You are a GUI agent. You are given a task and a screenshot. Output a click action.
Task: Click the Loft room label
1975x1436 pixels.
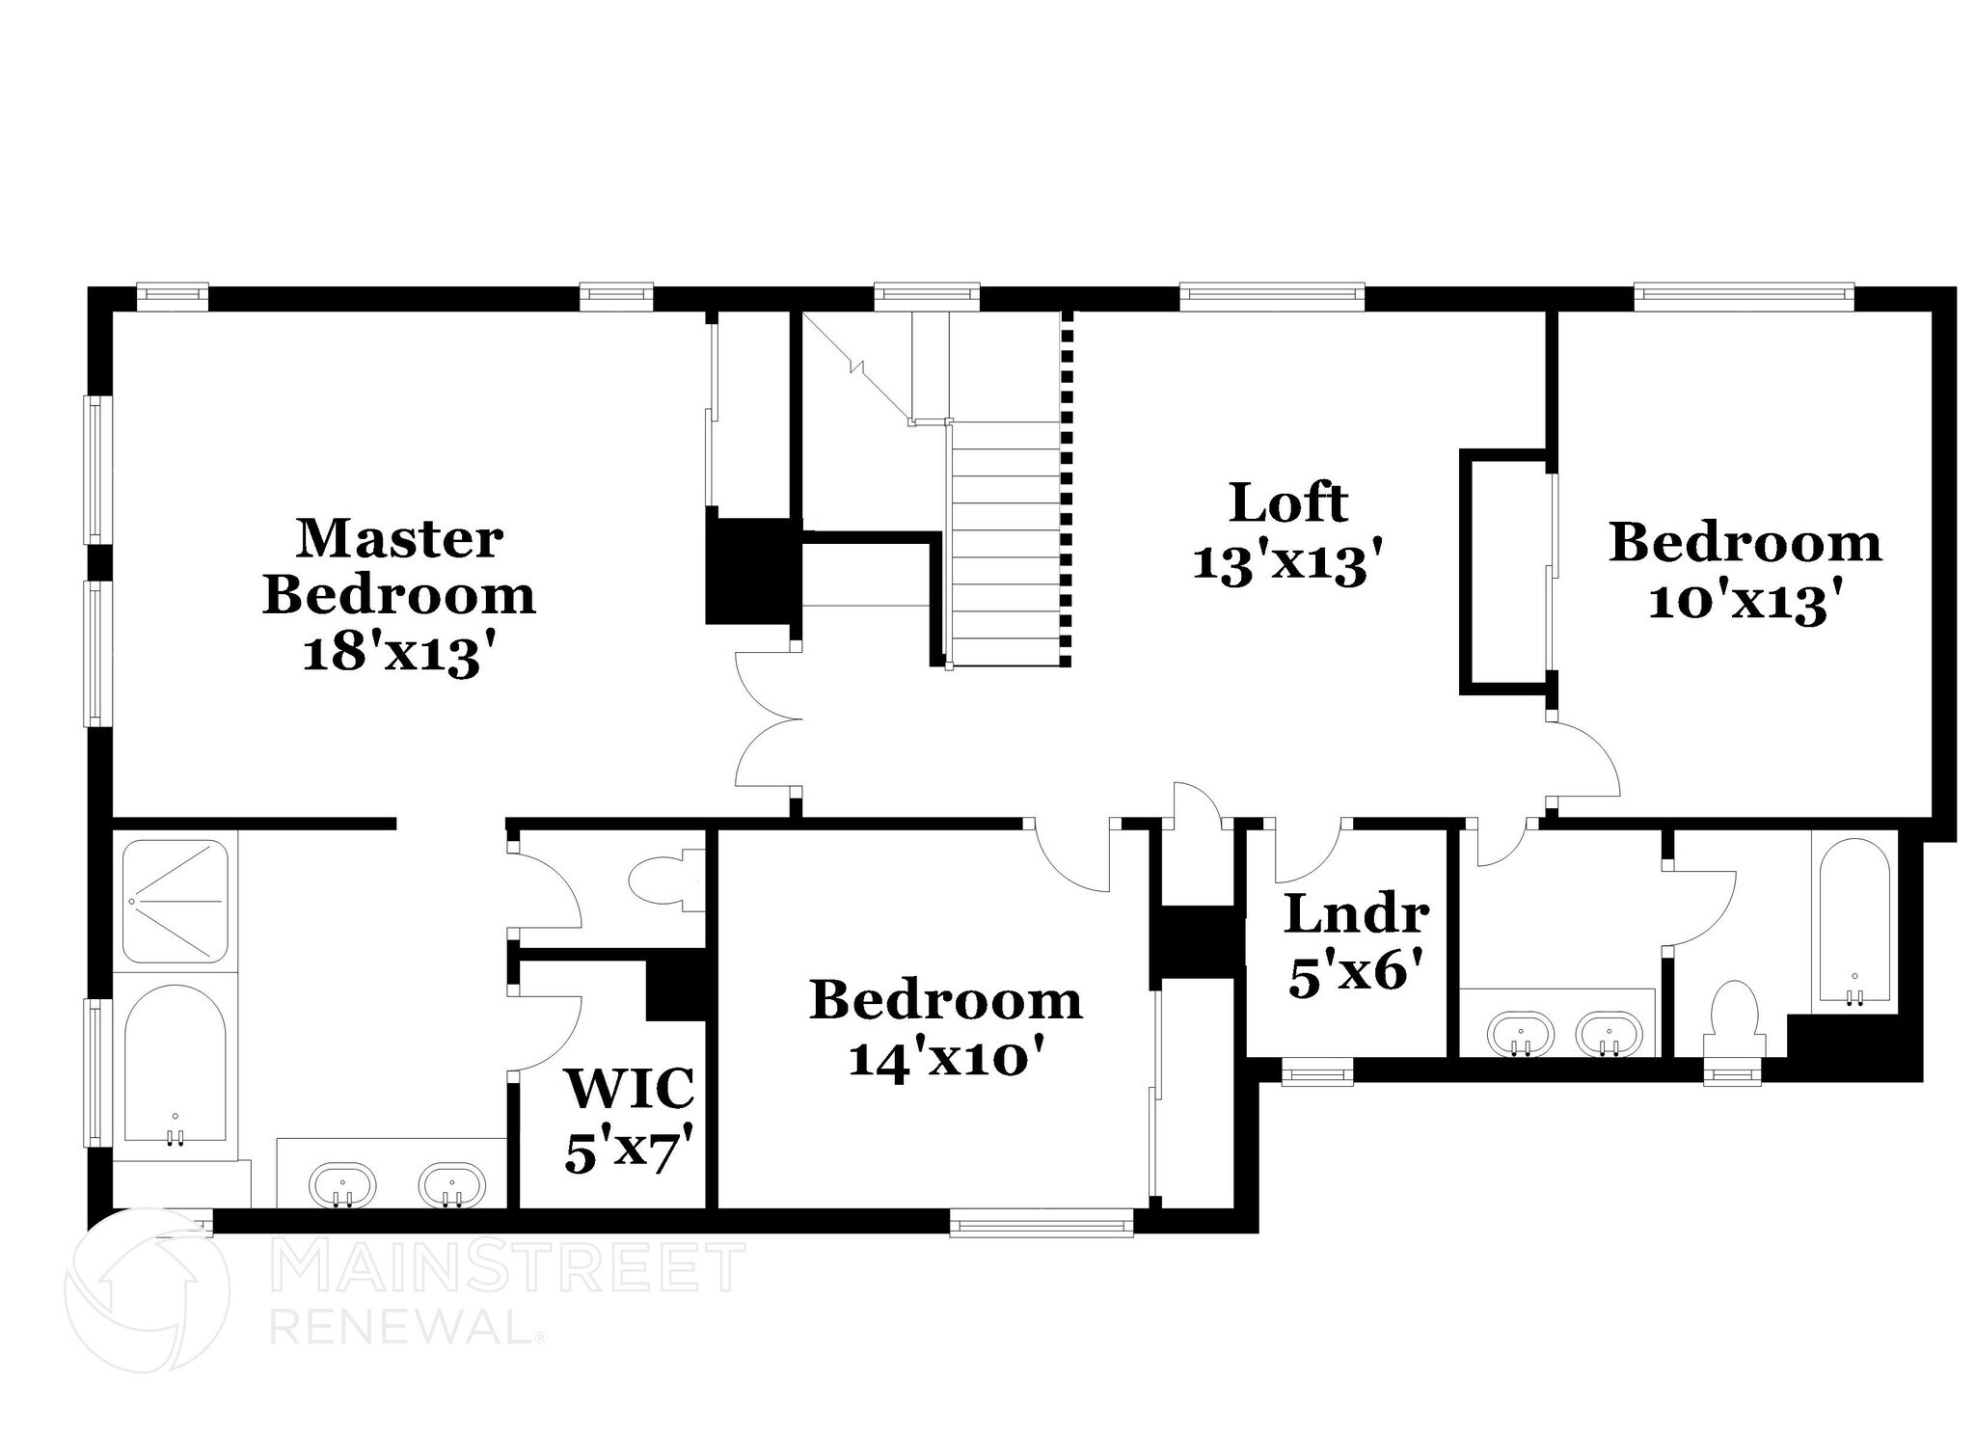(1288, 502)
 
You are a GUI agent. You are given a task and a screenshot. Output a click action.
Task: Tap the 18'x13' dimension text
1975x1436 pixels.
(403, 656)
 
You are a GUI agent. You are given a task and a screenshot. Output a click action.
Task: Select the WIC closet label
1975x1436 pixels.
(630, 1088)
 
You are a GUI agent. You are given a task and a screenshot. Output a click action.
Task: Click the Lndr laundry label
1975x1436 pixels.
(1356, 914)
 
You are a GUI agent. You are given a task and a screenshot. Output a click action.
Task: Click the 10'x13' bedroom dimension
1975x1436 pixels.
(1746, 604)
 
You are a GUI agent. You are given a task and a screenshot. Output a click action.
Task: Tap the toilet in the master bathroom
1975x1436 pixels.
(666, 879)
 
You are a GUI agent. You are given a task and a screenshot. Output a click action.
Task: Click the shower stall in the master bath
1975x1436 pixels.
(176, 900)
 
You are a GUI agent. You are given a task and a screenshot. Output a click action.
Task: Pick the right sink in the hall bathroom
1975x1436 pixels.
(1609, 1034)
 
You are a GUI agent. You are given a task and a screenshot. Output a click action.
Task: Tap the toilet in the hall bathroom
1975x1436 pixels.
(1733, 1022)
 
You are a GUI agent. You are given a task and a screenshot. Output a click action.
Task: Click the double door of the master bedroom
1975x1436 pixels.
(769, 718)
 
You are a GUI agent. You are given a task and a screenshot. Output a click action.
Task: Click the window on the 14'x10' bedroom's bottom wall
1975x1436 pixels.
(1041, 1226)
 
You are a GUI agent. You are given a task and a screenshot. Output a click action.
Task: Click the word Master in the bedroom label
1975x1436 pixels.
(399, 538)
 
